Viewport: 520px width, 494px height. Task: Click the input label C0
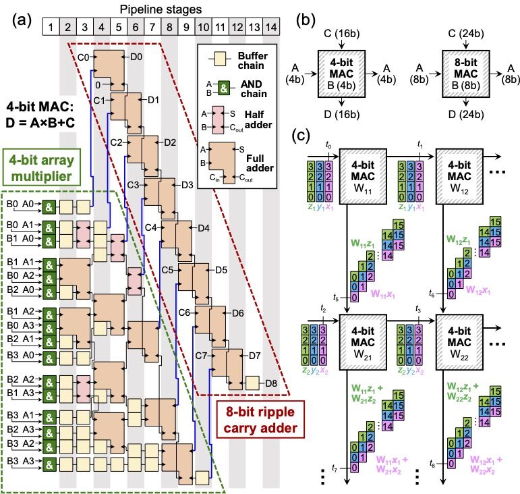coord(84,57)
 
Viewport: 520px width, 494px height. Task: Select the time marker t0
coord(328,144)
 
